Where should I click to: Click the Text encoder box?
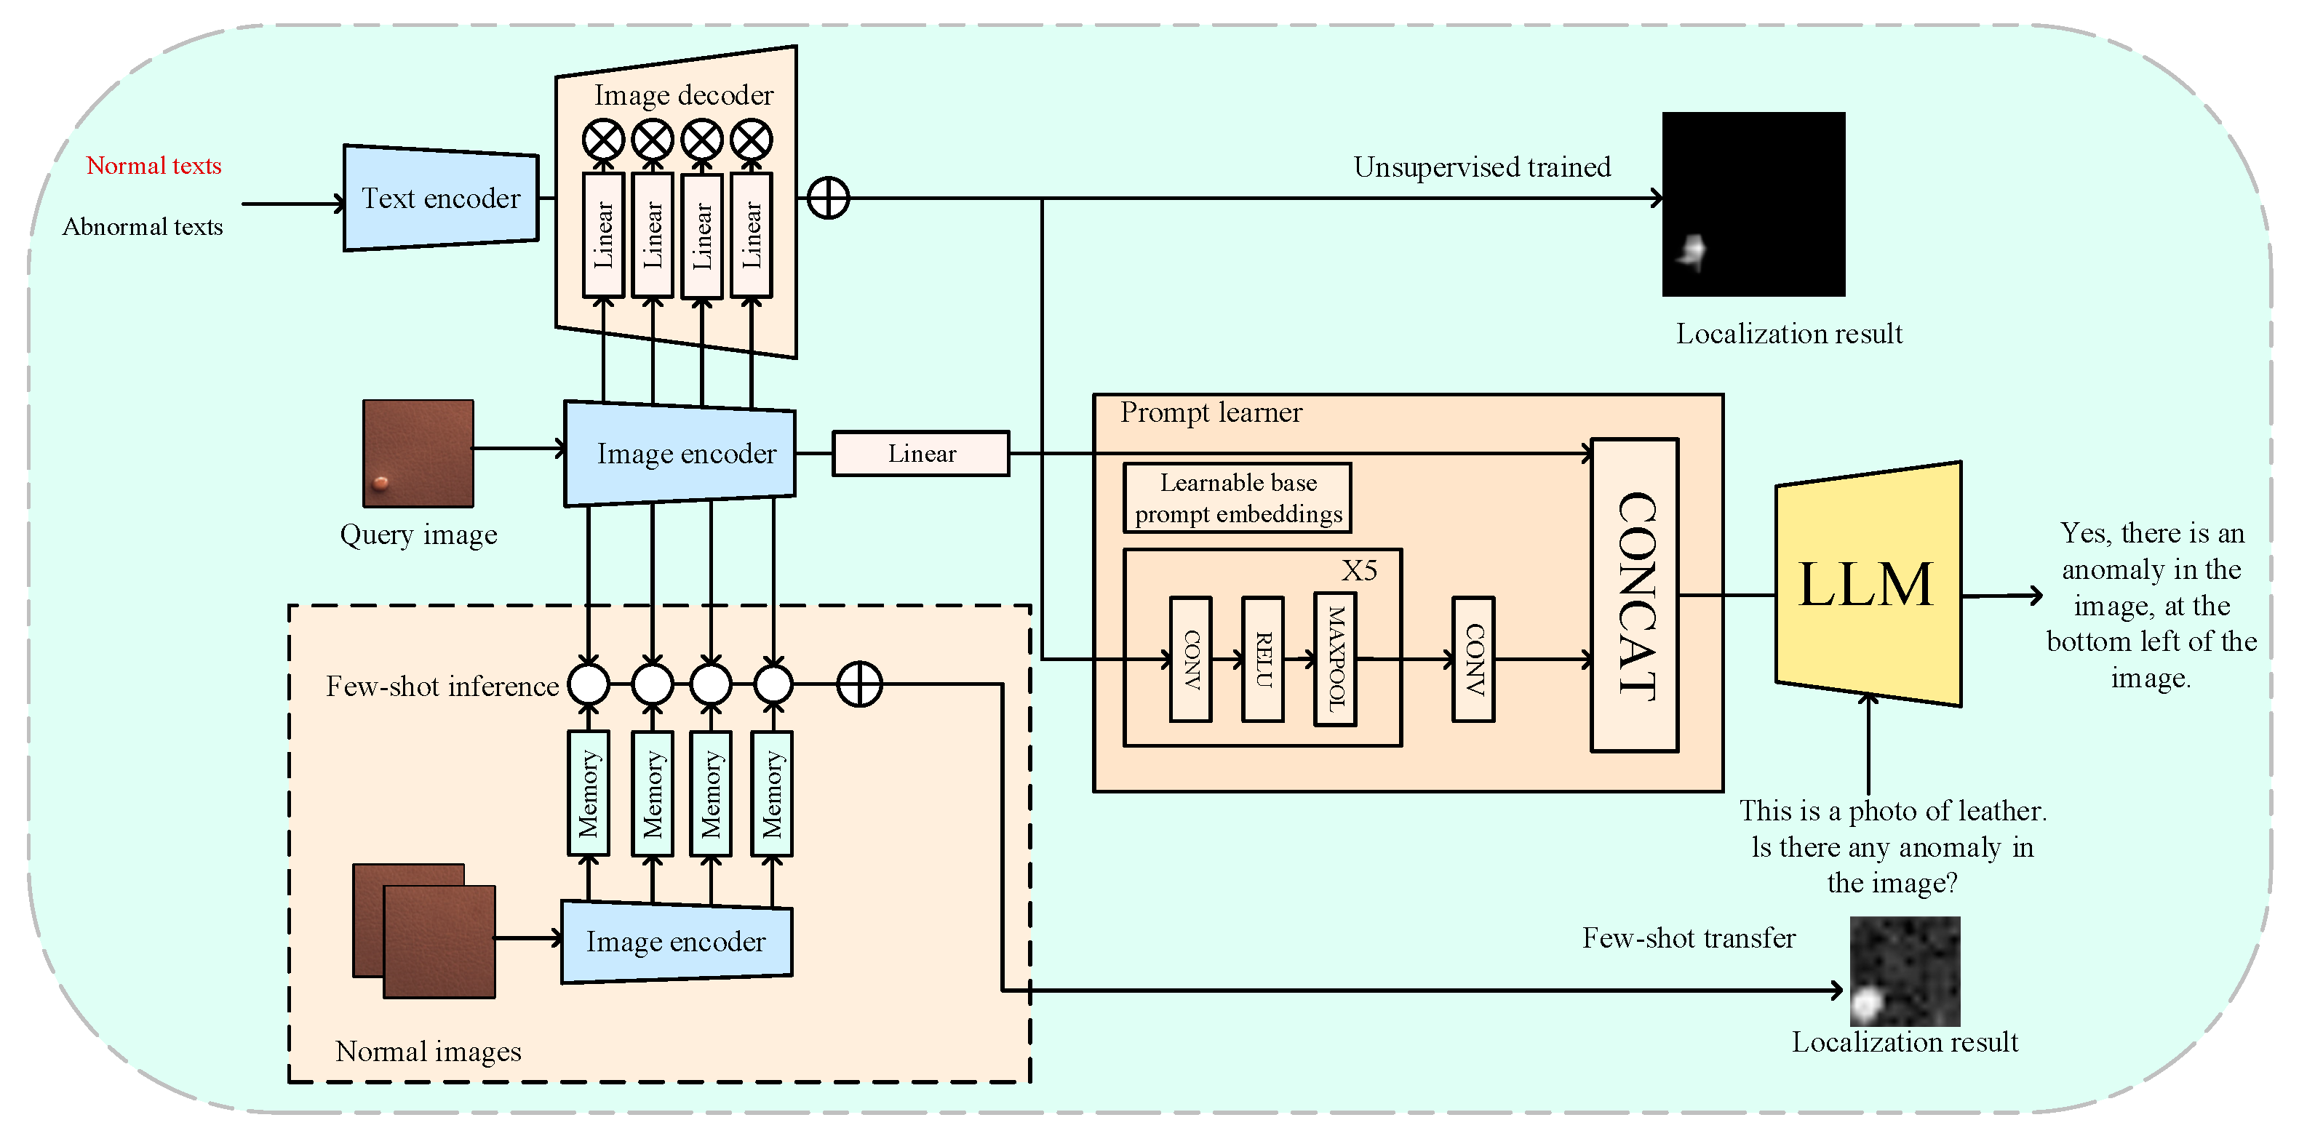coord(441,198)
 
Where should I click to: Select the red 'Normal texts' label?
coord(154,166)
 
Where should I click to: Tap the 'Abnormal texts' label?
coord(143,227)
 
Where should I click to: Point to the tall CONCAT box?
coord(1635,595)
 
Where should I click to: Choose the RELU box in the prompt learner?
coord(1263,659)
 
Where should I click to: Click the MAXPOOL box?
coord(1335,659)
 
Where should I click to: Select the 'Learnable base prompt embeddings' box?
coord(1238,498)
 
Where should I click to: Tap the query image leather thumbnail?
coord(418,453)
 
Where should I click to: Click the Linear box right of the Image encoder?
coord(921,453)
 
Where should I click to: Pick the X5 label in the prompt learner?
coord(1359,570)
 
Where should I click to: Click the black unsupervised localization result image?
coord(1753,204)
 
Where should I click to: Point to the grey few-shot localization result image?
coord(1905,971)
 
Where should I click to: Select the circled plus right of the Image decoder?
coord(828,198)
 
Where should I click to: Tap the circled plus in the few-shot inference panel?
coord(859,684)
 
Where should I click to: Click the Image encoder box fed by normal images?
coord(677,942)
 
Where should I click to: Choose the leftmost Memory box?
coord(589,793)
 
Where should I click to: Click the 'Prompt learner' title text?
coord(1211,412)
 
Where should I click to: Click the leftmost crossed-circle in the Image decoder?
coord(603,140)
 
